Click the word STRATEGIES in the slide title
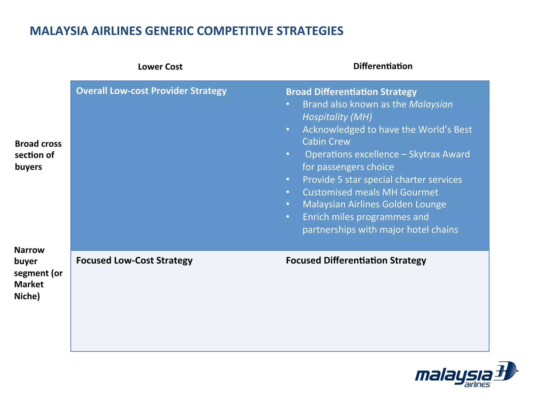310,31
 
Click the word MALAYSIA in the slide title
59,31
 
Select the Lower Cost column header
160,67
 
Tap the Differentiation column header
383,66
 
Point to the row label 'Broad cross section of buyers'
38,155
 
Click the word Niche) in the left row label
27,296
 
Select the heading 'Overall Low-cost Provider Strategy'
151,91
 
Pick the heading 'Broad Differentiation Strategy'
351,92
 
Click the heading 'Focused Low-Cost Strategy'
134,260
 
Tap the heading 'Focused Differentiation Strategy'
356,260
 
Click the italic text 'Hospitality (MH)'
337,117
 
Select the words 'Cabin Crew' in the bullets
326,142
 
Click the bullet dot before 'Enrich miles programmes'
288,217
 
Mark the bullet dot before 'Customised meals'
288,192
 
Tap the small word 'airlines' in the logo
477,385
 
